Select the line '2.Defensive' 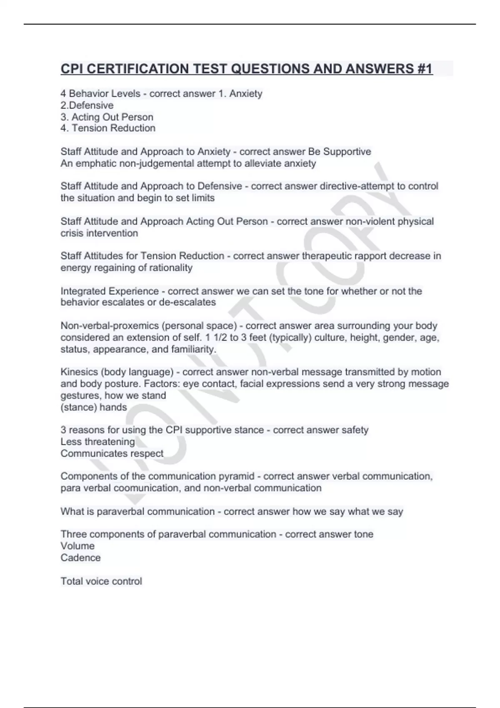coord(87,105)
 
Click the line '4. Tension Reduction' coord(108,128)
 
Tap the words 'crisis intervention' coord(99,233)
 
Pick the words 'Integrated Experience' coord(110,291)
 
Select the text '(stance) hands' coord(94,407)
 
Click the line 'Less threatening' coord(97,441)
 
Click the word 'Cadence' coord(80,558)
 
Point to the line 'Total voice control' coord(101,581)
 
